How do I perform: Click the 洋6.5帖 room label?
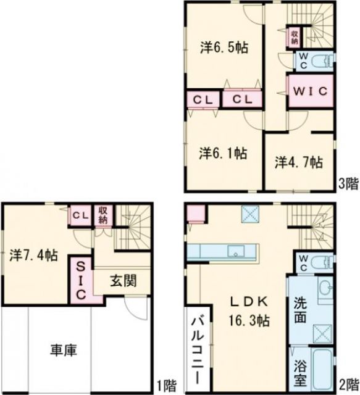224,48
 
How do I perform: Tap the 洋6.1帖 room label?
223,152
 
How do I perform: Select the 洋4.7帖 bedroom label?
298,162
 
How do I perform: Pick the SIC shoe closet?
81,280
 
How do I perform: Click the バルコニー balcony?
198,349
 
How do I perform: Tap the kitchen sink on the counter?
235,252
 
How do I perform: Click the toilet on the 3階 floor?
319,60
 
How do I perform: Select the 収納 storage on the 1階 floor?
103,215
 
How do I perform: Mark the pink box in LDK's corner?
196,213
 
